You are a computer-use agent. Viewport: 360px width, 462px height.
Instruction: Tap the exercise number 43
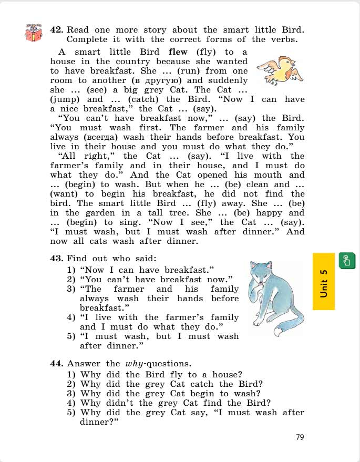coord(57,258)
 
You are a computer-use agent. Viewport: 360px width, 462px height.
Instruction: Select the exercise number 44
coord(57,364)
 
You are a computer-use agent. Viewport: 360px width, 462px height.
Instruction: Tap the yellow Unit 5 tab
coord(323,281)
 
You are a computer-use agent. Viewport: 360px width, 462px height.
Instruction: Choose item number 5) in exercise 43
coord(71,336)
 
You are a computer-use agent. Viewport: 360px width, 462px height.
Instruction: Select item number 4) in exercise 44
coord(71,403)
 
